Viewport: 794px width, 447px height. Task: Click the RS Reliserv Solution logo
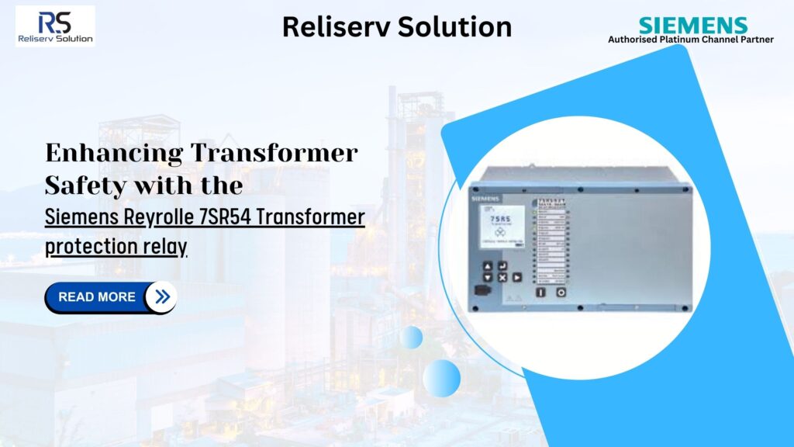55,26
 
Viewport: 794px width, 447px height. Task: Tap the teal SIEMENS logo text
692,25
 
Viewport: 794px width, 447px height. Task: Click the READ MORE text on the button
97,297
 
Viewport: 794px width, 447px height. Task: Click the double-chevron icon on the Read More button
161,297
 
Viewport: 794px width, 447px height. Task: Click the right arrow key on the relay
516,277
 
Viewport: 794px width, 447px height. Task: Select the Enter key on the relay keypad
502,265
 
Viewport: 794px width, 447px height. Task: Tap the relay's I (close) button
541,293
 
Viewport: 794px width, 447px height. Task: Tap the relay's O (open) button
559,293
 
